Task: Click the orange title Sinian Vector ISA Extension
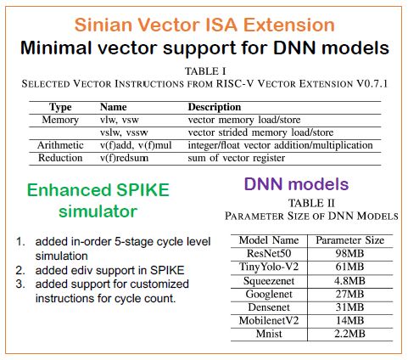pos(204,25)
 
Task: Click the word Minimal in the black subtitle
pos(56,48)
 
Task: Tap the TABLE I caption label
pos(205,71)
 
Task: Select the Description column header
pos(215,107)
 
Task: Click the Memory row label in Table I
pos(60,120)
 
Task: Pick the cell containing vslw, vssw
pos(124,132)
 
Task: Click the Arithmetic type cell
pos(60,145)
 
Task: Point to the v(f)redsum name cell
pos(124,158)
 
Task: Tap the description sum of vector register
pos(237,158)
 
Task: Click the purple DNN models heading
pos(296,184)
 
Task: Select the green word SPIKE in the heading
pos(143,189)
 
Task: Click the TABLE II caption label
pos(311,203)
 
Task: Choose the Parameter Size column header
pos(350,240)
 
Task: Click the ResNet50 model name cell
pos(269,253)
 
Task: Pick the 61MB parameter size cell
pos(349,267)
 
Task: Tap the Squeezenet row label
pos(269,281)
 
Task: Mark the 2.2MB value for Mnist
pos(349,334)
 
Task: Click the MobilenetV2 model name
pos(269,320)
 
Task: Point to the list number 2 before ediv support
pos(20,270)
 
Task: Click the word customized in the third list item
pos(159,284)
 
